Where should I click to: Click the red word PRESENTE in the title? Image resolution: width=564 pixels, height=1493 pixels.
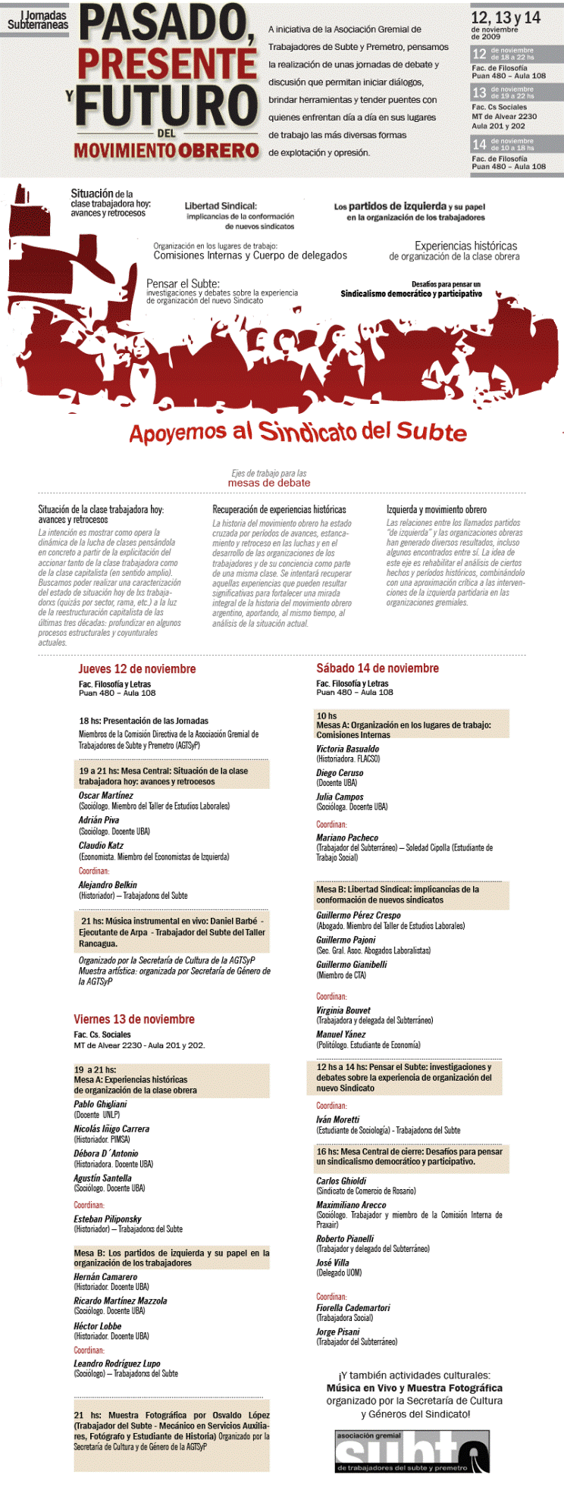(x=167, y=65)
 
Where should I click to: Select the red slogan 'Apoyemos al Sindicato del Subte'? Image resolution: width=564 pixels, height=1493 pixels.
(x=297, y=432)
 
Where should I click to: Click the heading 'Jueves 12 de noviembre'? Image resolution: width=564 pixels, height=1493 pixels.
(x=137, y=668)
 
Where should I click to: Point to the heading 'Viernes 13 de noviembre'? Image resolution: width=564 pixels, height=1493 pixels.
(x=134, y=1019)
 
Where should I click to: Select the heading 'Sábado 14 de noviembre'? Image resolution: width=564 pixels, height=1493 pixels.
(x=378, y=668)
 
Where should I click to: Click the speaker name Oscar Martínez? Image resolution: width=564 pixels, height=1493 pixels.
(x=106, y=796)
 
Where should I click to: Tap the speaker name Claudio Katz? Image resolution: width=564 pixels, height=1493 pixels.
(x=101, y=846)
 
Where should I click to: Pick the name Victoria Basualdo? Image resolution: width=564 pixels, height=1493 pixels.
(x=348, y=749)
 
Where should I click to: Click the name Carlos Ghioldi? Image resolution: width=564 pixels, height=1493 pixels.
(x=341, y=1181)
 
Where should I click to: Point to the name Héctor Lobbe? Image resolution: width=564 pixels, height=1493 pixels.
(x=98, y=1326)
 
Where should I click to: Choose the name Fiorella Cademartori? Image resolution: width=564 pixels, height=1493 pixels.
(x=353, y=1307)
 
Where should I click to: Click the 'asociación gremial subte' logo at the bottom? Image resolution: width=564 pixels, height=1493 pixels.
(x=412, y=1451)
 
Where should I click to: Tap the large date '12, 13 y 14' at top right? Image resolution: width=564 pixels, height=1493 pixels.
(x=506, y=17)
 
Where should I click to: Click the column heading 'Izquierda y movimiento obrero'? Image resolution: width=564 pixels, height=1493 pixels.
(x=437, y=510)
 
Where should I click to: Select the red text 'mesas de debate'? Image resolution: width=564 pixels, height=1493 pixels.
(x=269, y=483)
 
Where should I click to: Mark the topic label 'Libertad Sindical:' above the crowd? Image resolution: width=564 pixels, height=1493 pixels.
(x=221, y=205)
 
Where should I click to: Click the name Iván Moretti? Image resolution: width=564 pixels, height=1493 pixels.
(x=338, y=1119)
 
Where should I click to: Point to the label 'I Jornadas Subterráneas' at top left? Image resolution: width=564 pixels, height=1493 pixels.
(x=38, y=20)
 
